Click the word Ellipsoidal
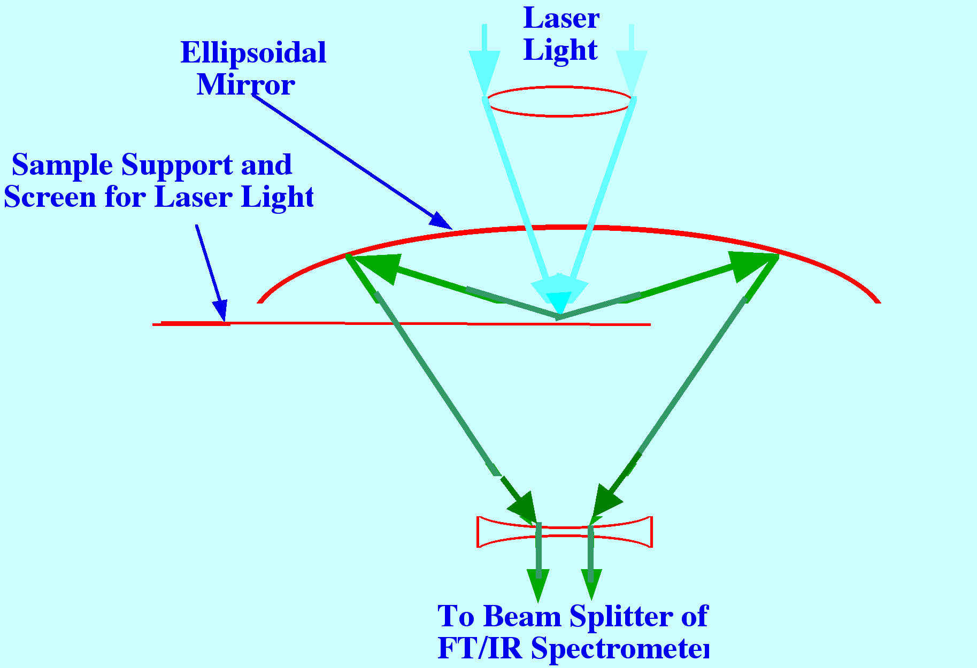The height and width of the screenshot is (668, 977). point(253,53)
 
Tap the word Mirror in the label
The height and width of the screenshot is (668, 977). point(245,85)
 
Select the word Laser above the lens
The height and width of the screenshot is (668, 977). point(561,19)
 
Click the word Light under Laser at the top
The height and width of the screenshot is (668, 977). point(560,50)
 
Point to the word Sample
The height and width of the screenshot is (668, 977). point(63,165)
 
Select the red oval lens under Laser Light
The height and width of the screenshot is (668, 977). point(559,102)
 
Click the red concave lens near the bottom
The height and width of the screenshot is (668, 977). point(564,532)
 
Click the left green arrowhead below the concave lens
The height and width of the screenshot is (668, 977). point(538,584)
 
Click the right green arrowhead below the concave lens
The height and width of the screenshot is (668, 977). point(591,584)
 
